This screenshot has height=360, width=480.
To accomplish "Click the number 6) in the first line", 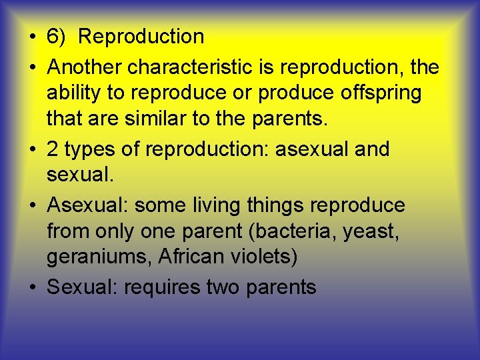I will pyautogui.click(x=55, y=37).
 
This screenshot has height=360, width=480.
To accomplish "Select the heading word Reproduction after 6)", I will pyautogui.click(x=141, y=37).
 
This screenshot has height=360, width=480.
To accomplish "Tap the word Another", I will pyautogui.click(x=85, y=67).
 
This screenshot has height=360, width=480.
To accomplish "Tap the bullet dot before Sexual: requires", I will pyautogui.click(x=34, y=288).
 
